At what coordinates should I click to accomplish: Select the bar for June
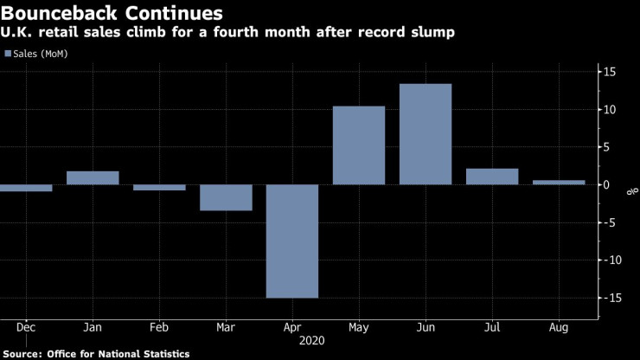426,134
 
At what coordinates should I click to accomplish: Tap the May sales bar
359,145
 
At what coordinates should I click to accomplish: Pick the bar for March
226,197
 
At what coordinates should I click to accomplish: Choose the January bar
93,177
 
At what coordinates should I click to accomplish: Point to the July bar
492,177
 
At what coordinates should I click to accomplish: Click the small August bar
559,182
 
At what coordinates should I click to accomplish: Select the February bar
159,187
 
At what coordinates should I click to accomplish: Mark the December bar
26,188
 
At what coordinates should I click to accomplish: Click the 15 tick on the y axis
610,72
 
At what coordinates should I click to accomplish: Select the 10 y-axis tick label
610,110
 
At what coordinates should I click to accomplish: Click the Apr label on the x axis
292,329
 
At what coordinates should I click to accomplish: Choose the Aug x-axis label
559,329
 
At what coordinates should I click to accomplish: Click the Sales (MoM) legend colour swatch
9,54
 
